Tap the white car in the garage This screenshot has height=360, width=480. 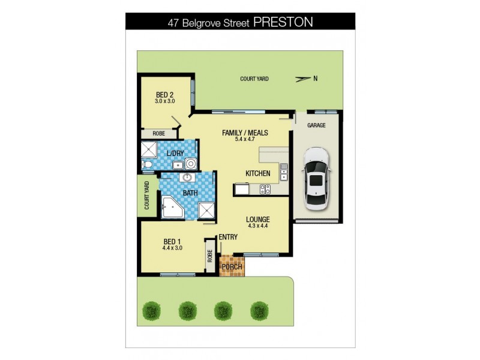pos(316,178)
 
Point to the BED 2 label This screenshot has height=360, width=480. pos(164,94)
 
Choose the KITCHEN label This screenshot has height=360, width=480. pos(257,174)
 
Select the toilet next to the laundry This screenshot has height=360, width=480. pos(147,164)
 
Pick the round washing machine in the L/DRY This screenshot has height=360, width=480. pos(190,163)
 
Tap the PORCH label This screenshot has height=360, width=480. pos(232,266)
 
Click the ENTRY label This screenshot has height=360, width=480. pos(228,237)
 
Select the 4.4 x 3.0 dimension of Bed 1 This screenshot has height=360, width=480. pos(172,247)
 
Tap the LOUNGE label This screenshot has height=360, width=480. pos(257,220)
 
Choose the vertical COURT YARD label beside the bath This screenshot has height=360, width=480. pos(146,196)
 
